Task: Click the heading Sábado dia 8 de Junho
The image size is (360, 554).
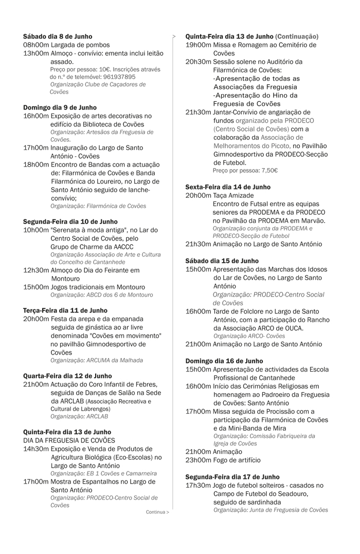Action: (x=58, y=36)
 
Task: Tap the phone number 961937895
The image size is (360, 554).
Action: (x=119, y=77)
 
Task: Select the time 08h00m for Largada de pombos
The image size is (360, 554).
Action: (x=35, y=45)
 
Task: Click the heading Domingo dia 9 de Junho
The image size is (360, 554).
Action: (x=60, y=107)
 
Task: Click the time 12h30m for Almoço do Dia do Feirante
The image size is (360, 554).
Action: (x=35, y=270)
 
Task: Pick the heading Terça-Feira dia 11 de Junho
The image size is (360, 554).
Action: (x=65, y=310)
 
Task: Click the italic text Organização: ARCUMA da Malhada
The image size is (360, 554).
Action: (x=97, y=360)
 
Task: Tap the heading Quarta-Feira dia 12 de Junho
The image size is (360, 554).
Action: (x=67, y=376)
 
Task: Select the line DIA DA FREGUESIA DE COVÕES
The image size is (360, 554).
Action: (x=69, y=440)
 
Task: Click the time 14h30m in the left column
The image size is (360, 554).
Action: (x=35, y=449)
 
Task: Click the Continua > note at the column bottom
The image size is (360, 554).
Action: (x=157, y=512)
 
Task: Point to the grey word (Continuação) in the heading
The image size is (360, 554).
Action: (x=297, y=36)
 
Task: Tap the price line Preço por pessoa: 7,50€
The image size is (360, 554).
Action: (x=245, y=171)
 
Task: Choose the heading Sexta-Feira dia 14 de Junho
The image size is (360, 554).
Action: (x=228, y=187)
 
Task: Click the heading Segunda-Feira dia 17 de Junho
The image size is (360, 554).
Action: (x=232, y=477)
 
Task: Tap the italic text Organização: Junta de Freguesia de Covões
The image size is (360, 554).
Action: (x=270, y=510)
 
